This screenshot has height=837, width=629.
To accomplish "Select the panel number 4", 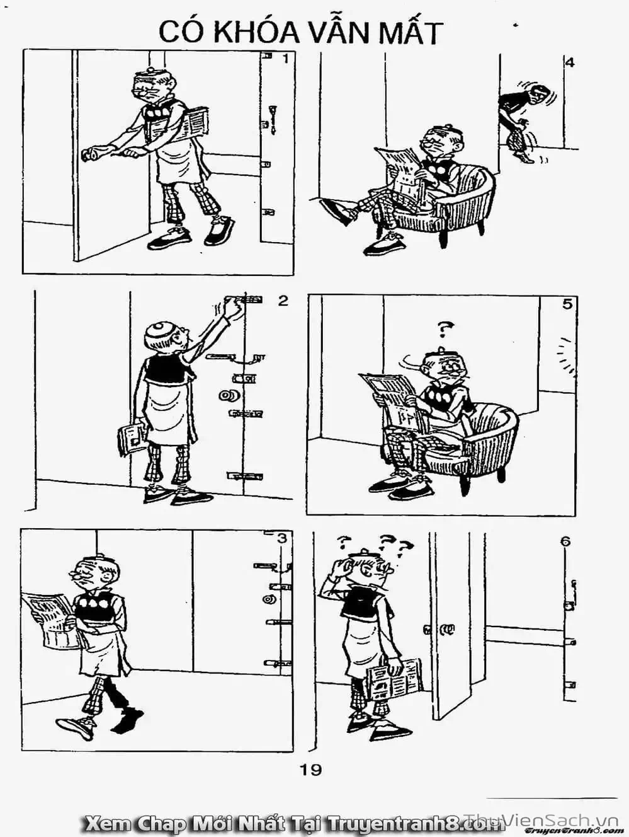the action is (x=570, y=62).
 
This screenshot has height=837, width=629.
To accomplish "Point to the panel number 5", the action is (x=567, y=304).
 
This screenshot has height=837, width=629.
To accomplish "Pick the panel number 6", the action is (x=566, y=541).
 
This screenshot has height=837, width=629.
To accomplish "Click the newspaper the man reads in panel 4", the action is (x=404, y=171).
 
